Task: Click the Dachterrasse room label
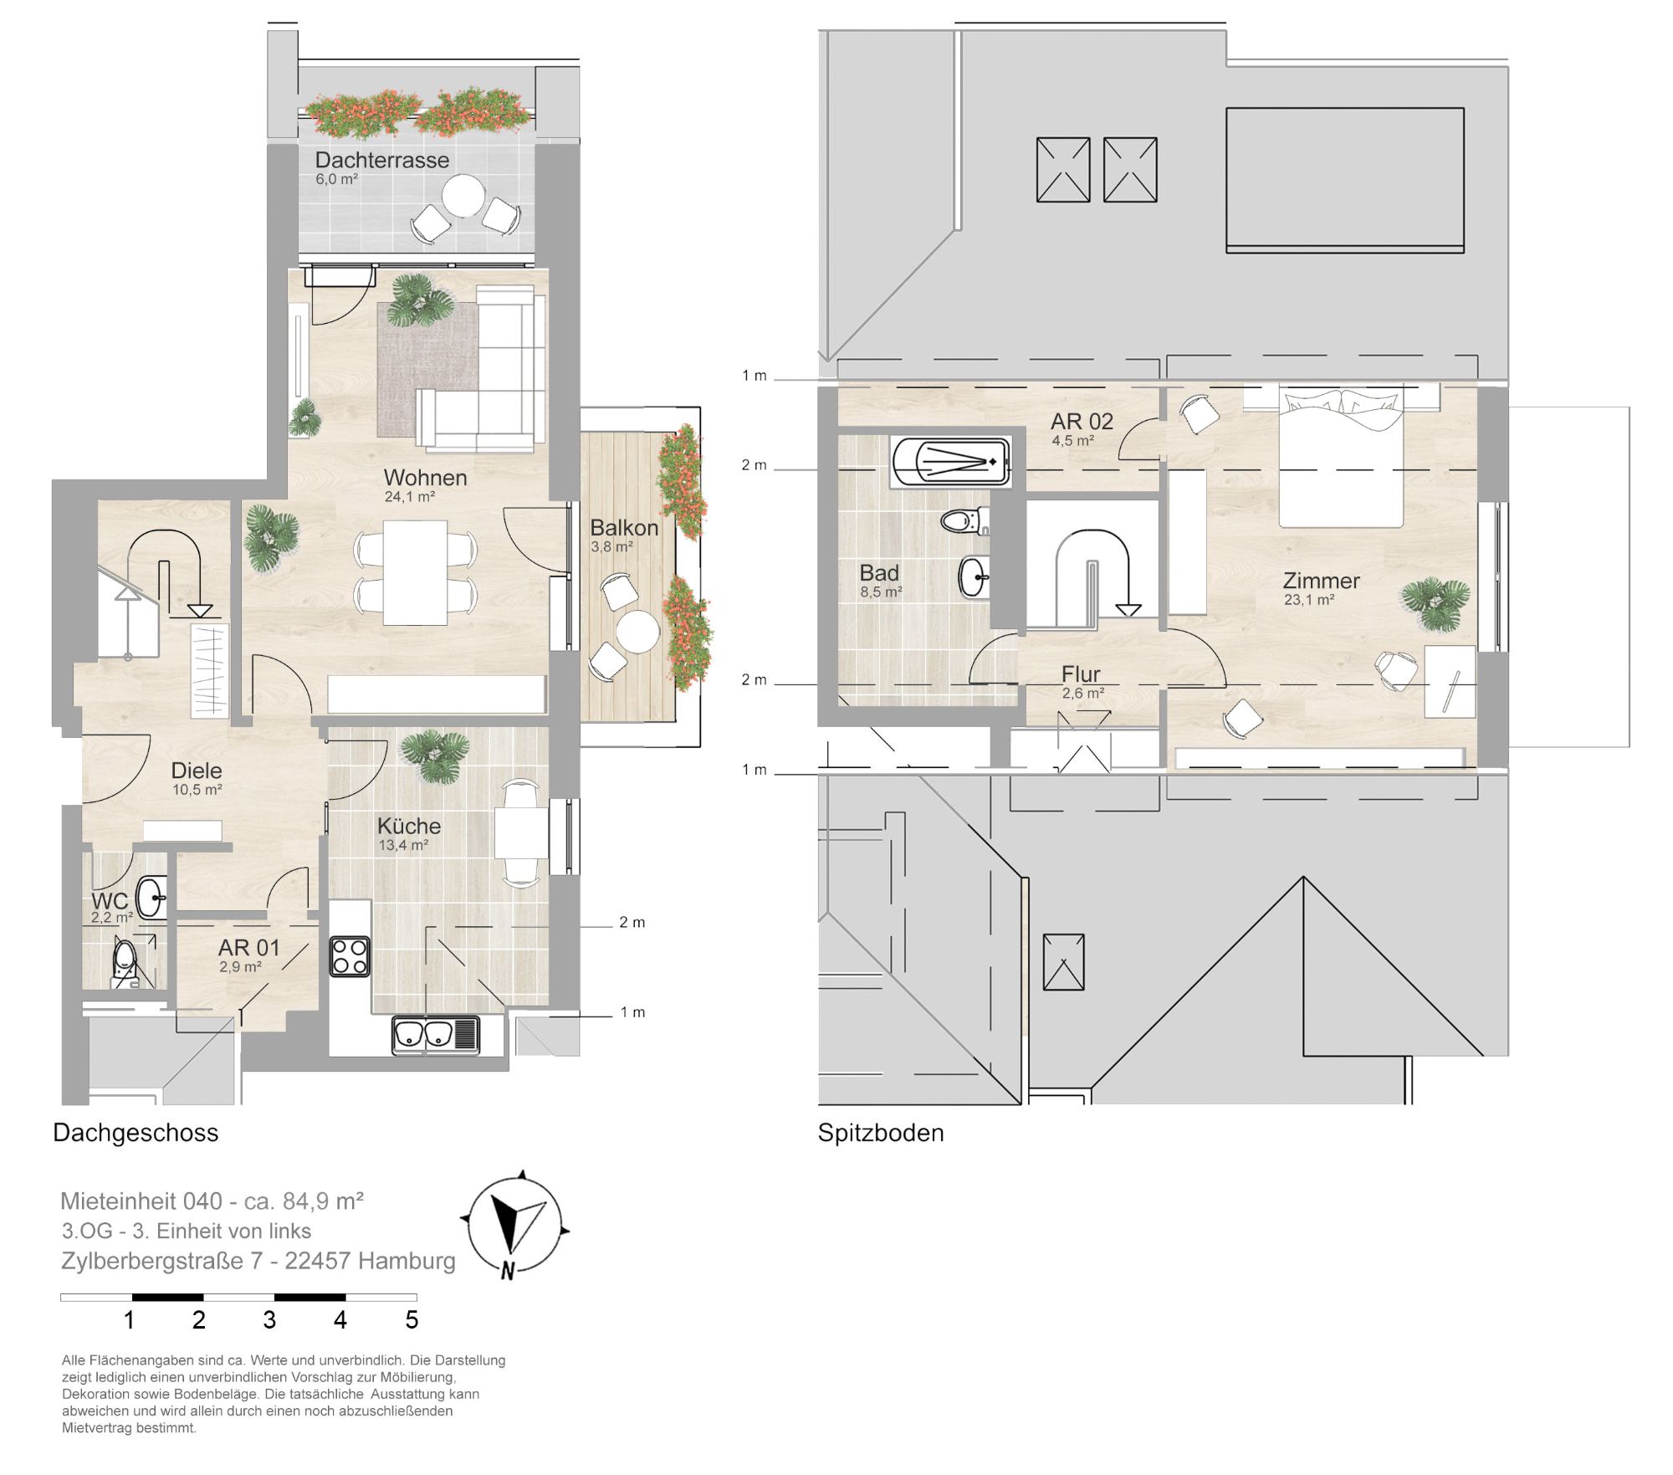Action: pyautogui.click(x=381, y=160)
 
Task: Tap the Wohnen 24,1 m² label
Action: pyautogui.click(x=425, y=484)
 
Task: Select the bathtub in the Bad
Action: pyautogui.click(x=951, y=461)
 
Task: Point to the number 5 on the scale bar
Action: pyautogui.click(x=412, y=1320)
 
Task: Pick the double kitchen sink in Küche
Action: pyautogui.click(x=436, y=1035)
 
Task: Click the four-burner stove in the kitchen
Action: pyautogui.click(x=350, y=956)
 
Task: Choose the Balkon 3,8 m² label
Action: pyautogui.click(x=624, y=535)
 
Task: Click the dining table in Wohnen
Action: pyautogui.click(x=415, y=572)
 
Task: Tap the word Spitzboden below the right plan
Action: pyautogui.click(x=881, y=1133)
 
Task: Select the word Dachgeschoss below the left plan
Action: pyautogui.click(x=136, y=1133)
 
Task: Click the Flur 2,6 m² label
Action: pyautogui.click(x=1082, y=681)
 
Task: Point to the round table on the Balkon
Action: pyautogui.click(x=637, y=632)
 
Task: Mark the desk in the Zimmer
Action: pyautogui.click(x=1450, y=680)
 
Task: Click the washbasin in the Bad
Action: pyautogui.click(x=974, y=576)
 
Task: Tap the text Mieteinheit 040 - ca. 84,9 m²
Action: pyautogui.click(x=212, y=1201)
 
